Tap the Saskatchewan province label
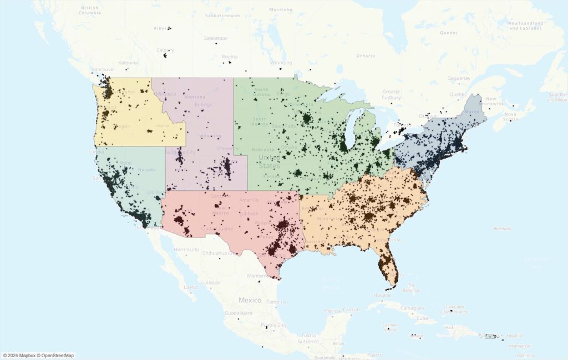[x=222, y=16]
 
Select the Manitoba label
[x=280, y=9]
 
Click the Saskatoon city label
[x=216, y=38]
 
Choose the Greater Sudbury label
[x=391, y=94]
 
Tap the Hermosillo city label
[x=186, y=250]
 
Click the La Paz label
[x=191, y=287]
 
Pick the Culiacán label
[x=210, y=282]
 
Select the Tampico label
[x=276, y=302]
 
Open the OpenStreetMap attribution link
[x=55, y=356]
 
